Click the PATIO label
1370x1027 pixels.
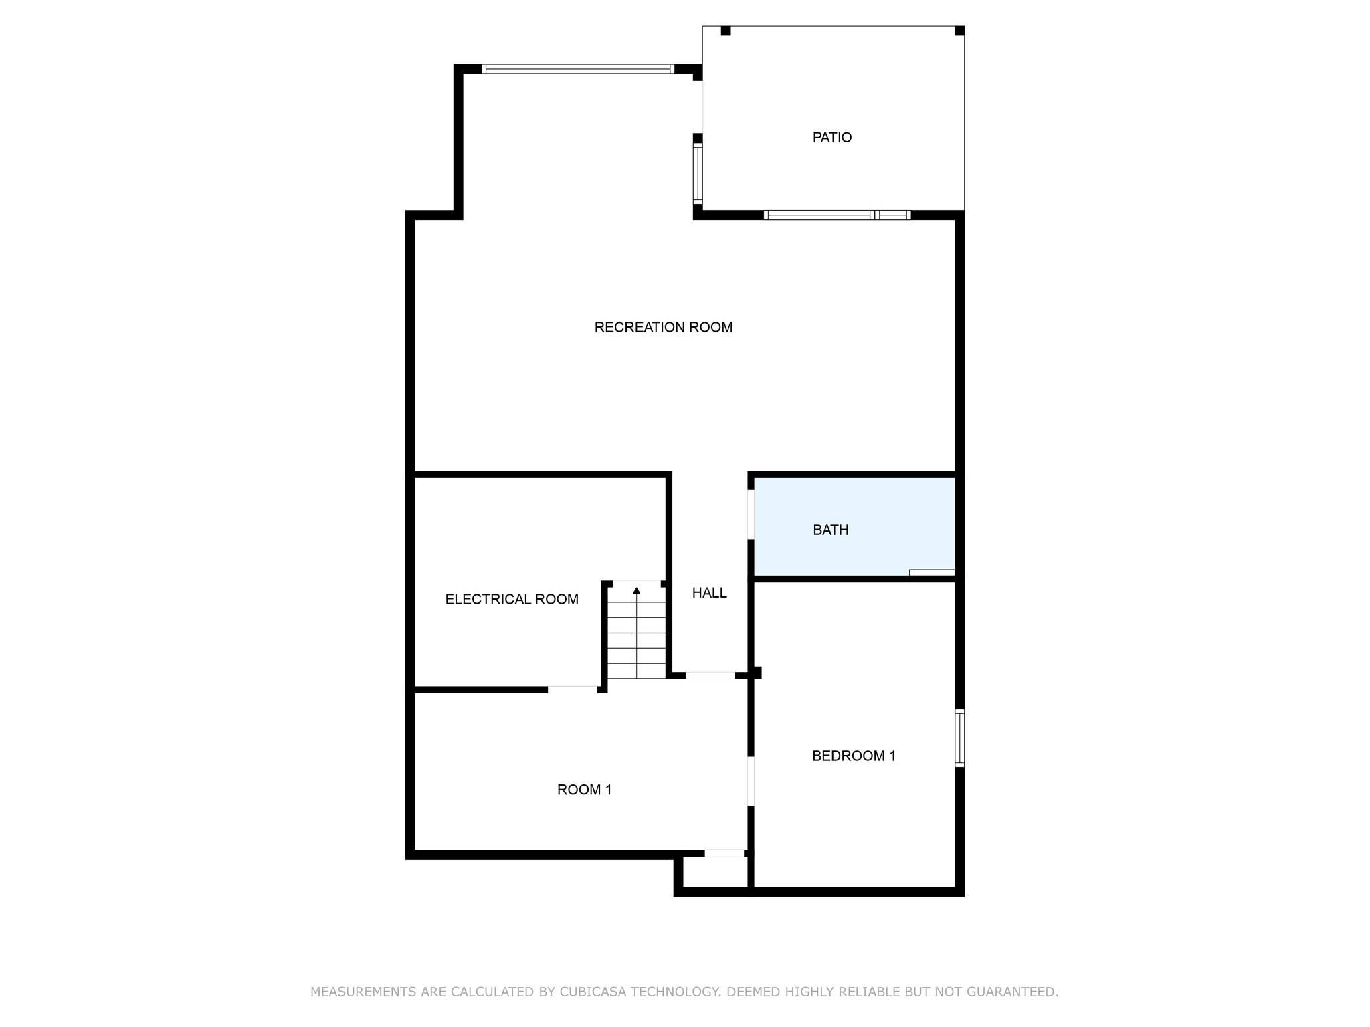coord(831,138)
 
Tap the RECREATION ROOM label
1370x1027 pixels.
coord(663,328)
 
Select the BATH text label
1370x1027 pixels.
coord(830,530)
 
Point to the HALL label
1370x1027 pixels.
coord(709,593)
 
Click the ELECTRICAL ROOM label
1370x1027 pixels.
coord(512,600)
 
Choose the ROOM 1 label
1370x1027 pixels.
coord(584,790)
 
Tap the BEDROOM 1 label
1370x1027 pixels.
coord(853,756)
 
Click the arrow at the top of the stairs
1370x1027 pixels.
coord(636,590)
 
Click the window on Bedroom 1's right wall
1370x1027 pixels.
coord(959,737)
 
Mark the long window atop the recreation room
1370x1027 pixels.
coord(578,68)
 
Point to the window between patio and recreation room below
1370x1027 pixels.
coord(837,215)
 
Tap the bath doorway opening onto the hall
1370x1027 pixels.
coord(751,515)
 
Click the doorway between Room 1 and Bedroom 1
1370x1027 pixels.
coord(751,781)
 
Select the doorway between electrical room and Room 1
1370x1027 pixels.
coord(573,688)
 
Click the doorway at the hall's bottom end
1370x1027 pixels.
coord(710,675)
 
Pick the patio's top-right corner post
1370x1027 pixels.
coord(959,31)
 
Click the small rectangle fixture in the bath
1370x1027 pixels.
coord(932,572)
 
